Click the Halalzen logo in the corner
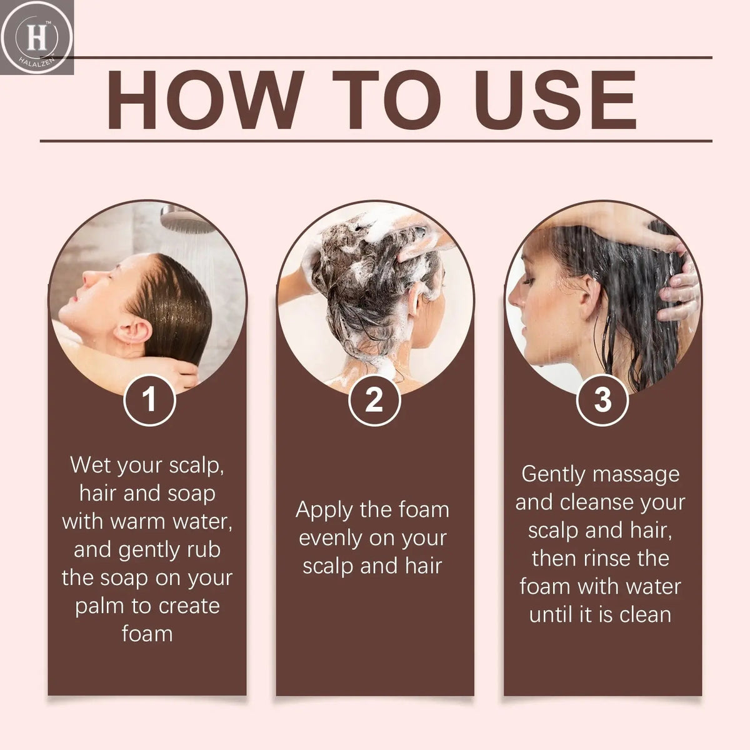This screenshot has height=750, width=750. [37, 37]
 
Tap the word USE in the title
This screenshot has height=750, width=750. [555, 99]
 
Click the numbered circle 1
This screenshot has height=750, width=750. [149, 400]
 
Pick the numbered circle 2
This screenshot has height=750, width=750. [374, 400]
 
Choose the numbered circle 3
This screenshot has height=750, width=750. [602, 400]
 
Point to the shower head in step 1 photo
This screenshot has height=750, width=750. [187, 219]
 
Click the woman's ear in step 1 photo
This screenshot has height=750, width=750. [132, 332]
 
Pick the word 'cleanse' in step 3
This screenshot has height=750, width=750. [597, 503]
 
